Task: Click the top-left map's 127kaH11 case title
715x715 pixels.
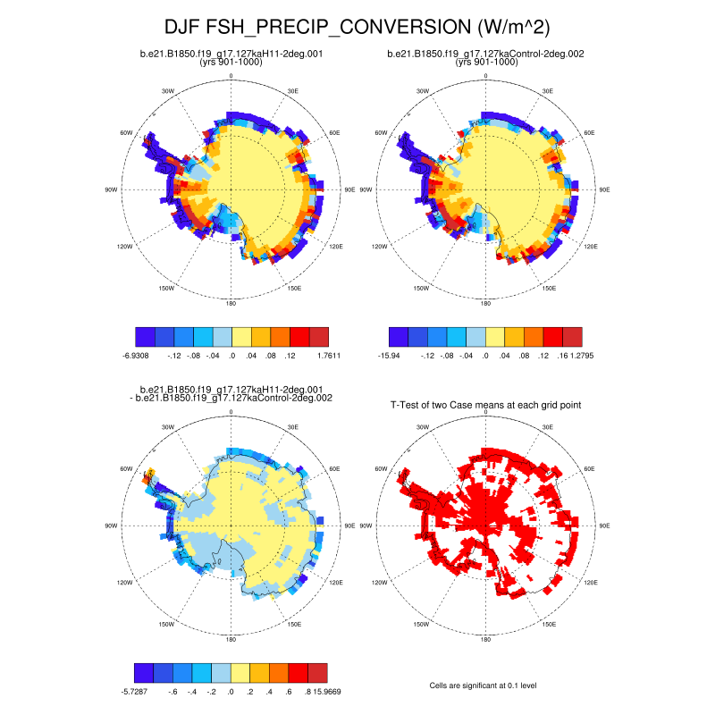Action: tap(231, 54)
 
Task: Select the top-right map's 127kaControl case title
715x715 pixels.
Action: tap(485, 54)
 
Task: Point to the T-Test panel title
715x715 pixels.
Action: tap(485, 405)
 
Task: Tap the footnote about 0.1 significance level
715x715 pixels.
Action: tap(485, 685)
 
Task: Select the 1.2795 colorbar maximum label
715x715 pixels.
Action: tap(571, 356)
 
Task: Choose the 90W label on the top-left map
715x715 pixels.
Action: tap(112, 189)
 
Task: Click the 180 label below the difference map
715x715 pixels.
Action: tap(231, 640)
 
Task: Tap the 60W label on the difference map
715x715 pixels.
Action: tap(128, 469)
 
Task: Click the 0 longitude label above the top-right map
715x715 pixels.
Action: tap(485, 76)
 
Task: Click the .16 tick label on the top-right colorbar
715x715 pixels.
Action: tap(544, 356)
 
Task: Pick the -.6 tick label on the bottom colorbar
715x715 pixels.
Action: tap(173, 691)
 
